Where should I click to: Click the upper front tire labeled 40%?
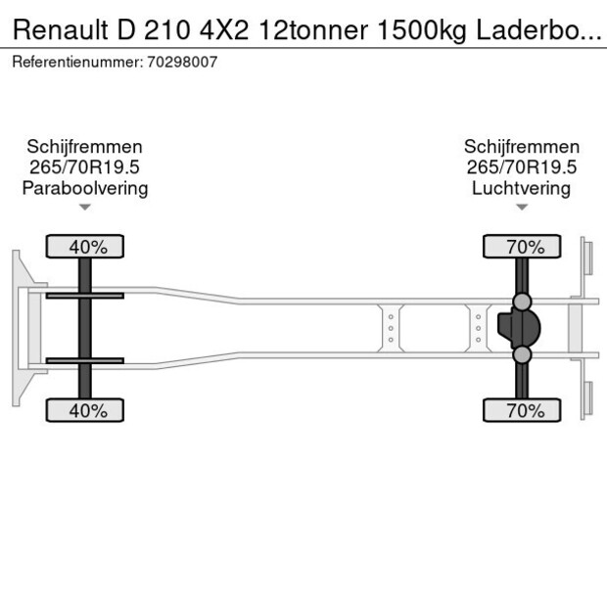pyautogui.click(x=86, y=247)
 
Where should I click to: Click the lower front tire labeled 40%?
pyautogui.click(x=86, y=411)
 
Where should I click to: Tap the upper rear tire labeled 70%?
pyautogui.click(x=522, y=247)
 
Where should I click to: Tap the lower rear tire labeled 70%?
pyautogui.click(x=522, y=411)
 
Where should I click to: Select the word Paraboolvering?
pyautogui.click(x=85, y=188)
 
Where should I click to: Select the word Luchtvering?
pyautogui.click(x=521, y=188)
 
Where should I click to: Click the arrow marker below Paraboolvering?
pyautogui.click(x=85, y=207)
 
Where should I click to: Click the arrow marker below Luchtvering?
pyautogui.click(x=521, y=207)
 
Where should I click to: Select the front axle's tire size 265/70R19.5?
pyautogui.click(x=85, y=167)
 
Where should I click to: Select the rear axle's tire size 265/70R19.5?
pyautogui.click(x=521, y=167)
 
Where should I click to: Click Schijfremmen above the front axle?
pyautogui.click(x=85, y=147)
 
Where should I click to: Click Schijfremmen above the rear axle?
pyautogui.click(x=521, y=147)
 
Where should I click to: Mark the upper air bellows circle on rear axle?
pyautogui.click(x=522, y=301)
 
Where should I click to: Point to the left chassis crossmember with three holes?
pyautogui.click(x=391, y=328)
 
